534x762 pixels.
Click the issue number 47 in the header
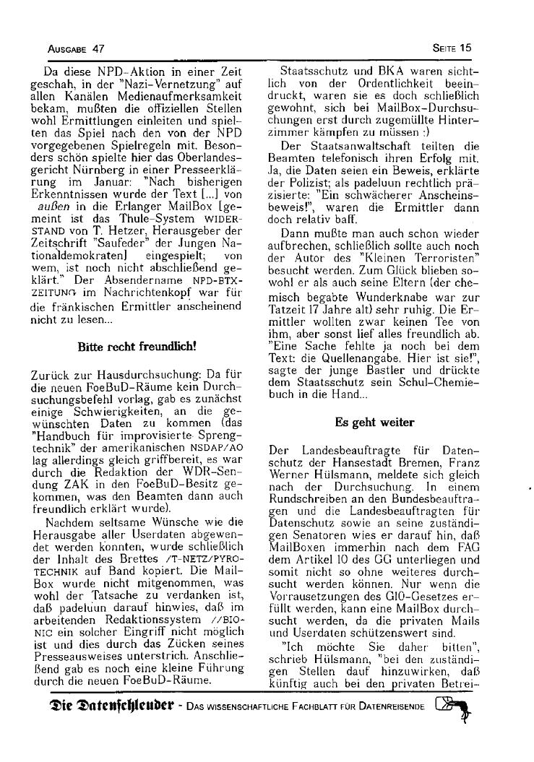click(99, 48)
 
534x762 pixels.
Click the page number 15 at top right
click(465, 48)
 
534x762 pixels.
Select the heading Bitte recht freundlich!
click(137, 345)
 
